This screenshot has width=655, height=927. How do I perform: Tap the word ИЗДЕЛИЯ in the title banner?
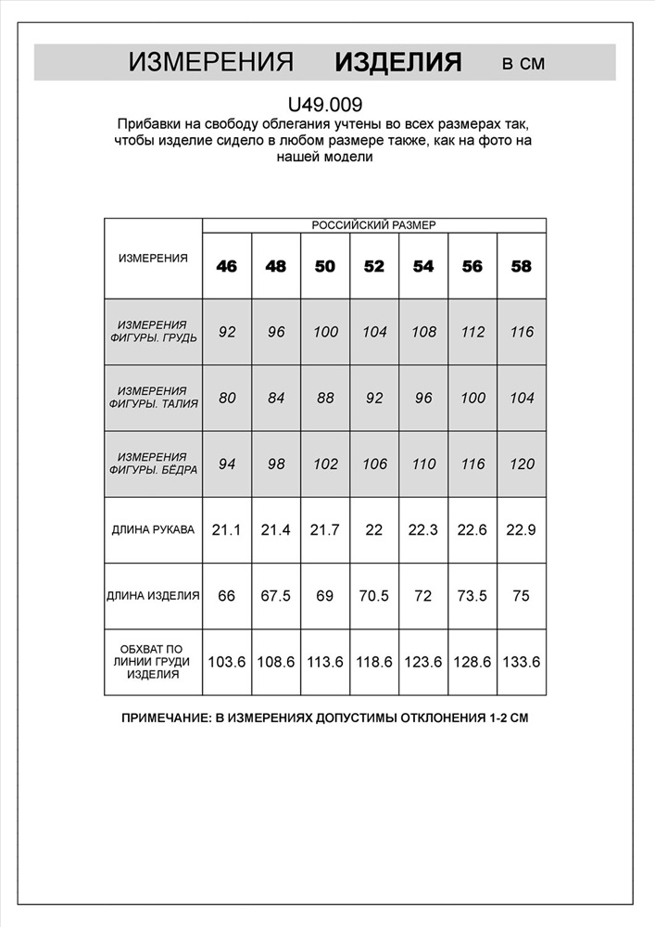click(x=397, y=62)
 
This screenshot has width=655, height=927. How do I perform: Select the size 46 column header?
click(x=227, y=266)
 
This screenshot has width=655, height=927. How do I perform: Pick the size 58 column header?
click(x=522, y=266)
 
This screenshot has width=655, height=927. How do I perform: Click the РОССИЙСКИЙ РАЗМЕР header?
click(x=373, y=224)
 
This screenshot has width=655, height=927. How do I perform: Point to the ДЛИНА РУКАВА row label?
click(x=153, y=530)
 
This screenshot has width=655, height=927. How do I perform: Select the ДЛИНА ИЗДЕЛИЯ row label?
click(x=153, y=596)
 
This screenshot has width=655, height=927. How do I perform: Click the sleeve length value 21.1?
click(x=227, y=530)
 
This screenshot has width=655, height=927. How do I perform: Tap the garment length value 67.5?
click(x=276, y=596)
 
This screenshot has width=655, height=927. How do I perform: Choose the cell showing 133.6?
click(x=522, y=662)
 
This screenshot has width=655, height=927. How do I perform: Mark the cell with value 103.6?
click(x=227, y=662)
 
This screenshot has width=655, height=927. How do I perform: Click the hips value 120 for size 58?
click(x=522, y=464)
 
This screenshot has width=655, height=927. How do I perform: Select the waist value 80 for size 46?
click(x=227, y=398)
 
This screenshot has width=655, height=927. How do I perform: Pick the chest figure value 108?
click(x=423, y=332)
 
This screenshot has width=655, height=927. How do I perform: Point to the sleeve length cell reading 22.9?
click(x=522, y=530)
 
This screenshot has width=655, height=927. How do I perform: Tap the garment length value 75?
click(x=522, y=596)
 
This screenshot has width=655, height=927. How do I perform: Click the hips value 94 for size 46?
click(x=227, y=464)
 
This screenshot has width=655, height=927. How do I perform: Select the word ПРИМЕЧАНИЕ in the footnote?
click(x=166, y=718)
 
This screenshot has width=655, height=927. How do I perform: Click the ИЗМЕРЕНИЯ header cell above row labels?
click(x=153, y=258)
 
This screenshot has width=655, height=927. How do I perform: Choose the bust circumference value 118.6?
click(x=374, y=662)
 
